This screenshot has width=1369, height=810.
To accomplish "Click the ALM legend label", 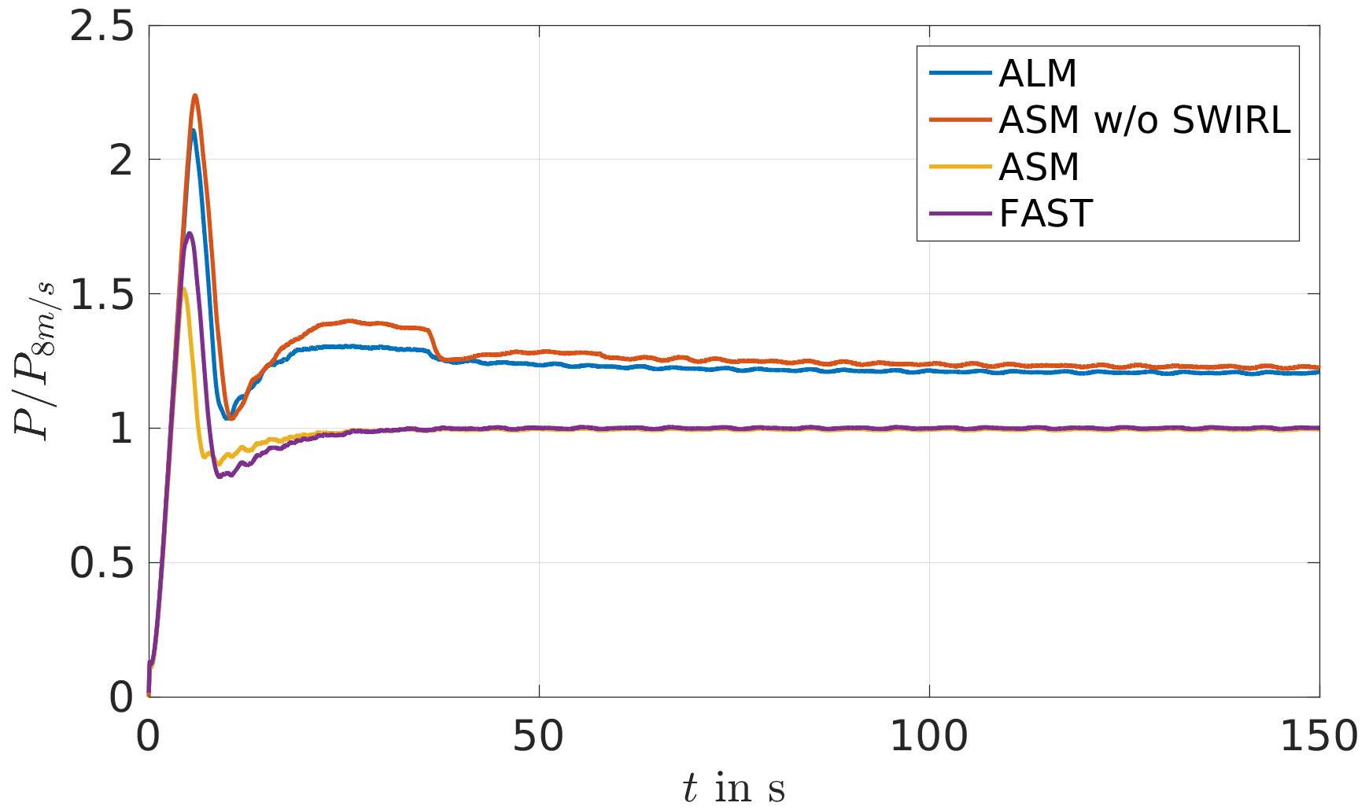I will point(1037,74).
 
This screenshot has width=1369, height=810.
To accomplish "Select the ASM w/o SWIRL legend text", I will point(1145,120).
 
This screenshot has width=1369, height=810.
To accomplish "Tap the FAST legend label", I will point(1046,214).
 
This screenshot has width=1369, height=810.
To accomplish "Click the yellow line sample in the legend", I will point(960,167).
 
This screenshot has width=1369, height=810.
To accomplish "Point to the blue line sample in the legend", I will point(960,73).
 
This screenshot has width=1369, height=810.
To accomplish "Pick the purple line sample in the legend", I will point(960,213).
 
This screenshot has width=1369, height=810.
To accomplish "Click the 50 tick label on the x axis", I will point(539,737).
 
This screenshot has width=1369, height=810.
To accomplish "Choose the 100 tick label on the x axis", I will point(929,737).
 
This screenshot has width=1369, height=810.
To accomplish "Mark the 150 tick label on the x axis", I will point(1319,737).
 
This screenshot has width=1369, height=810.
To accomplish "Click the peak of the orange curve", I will point(195,95).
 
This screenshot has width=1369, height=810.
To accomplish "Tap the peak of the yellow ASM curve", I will point(184,289).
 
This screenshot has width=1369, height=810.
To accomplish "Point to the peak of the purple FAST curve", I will point(190,233).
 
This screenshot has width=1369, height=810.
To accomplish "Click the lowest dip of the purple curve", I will point(220,477).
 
